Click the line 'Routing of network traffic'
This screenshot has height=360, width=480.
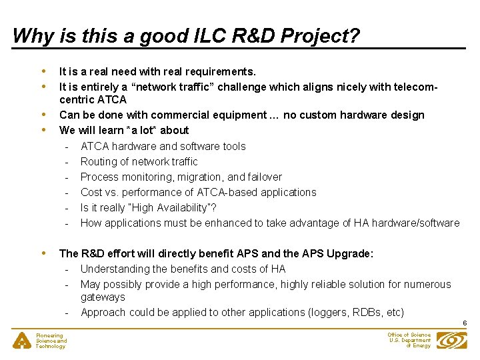[x=139, y=161]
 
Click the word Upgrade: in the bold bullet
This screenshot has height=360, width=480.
[x=350, y=253]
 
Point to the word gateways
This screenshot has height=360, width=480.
[x=103, y=297]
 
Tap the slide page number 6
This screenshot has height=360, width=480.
[x=464, y=323]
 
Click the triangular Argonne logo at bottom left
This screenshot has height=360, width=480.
[x=23, y=341]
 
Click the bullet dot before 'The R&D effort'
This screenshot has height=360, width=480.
[x=44, y=253]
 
